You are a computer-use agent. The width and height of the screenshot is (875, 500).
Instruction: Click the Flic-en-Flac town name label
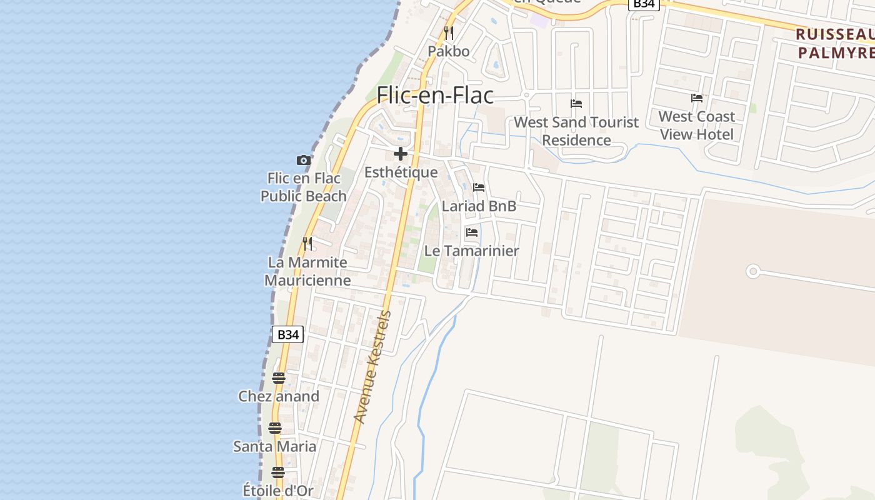coord(435,95)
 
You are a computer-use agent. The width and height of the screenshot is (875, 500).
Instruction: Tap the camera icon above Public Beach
coord(303,160)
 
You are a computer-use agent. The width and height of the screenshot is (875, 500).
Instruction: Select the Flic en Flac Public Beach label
coord(304,187)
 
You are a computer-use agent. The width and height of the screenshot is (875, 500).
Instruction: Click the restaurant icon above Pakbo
coord(449,32)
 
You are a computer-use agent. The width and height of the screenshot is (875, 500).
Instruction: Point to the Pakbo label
coord(449,51)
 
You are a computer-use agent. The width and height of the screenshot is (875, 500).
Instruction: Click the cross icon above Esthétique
coord(401,154)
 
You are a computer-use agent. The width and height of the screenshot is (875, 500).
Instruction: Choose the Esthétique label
coord(401,172)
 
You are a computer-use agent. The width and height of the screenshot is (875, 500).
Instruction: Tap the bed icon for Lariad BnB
coord(479,187)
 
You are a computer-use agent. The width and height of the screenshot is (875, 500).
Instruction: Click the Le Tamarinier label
coord(472,251)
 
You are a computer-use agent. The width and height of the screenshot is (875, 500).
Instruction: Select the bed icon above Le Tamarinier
coord(472,232)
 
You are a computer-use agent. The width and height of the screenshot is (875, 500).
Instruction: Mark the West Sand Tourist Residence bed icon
coord(576,103)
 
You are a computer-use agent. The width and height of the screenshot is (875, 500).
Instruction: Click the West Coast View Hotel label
coord(697,125)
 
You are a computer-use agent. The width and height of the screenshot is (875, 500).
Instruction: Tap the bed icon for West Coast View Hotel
coord(697,98)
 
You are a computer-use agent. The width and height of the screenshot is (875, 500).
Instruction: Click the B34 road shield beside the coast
coord(288,334)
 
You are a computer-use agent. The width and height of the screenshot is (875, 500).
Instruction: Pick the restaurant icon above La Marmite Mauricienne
coord(307,243)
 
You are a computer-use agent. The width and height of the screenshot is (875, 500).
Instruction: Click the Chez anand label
coord(279,396)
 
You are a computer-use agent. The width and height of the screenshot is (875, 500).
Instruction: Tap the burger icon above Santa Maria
coord(275,428)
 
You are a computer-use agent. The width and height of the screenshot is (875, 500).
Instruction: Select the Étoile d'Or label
coord(278,491)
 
